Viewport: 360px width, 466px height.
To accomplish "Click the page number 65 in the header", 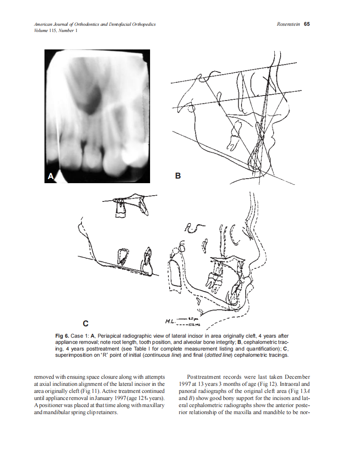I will [x=306, y=24].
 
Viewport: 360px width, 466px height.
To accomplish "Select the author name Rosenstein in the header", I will [x=288, y=24].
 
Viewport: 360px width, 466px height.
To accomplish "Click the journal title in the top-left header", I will [x=95, y=25].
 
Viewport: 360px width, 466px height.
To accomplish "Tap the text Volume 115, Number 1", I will [x=56, y=30].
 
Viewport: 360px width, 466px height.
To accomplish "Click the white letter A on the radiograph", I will [x=51, y=176].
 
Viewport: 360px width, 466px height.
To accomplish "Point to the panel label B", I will [x=178, y=176].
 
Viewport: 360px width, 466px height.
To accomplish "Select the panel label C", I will [x=85, y=323].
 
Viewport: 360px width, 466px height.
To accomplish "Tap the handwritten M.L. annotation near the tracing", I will [x=170, y=321].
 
